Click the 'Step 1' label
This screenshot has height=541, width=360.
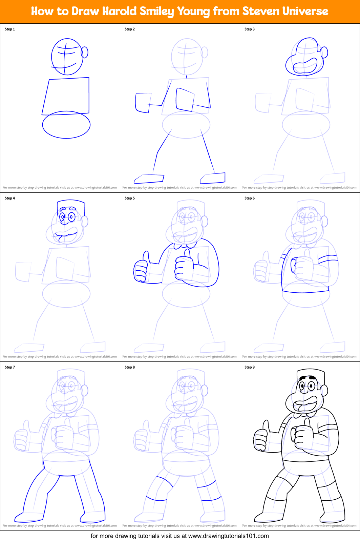10,29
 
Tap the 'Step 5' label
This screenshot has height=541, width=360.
130,198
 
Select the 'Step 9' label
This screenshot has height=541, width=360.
250,367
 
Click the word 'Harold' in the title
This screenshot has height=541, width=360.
119,12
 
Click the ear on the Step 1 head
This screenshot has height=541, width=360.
85,52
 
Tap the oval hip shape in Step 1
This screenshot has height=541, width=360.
66,125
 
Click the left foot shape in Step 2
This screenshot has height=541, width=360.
149,178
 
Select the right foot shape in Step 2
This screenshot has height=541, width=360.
213,177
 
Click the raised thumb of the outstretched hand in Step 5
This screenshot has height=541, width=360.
146,256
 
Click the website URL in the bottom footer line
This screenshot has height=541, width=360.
228,536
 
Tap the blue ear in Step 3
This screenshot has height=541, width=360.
324,53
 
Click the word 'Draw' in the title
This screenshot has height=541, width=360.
85,12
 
